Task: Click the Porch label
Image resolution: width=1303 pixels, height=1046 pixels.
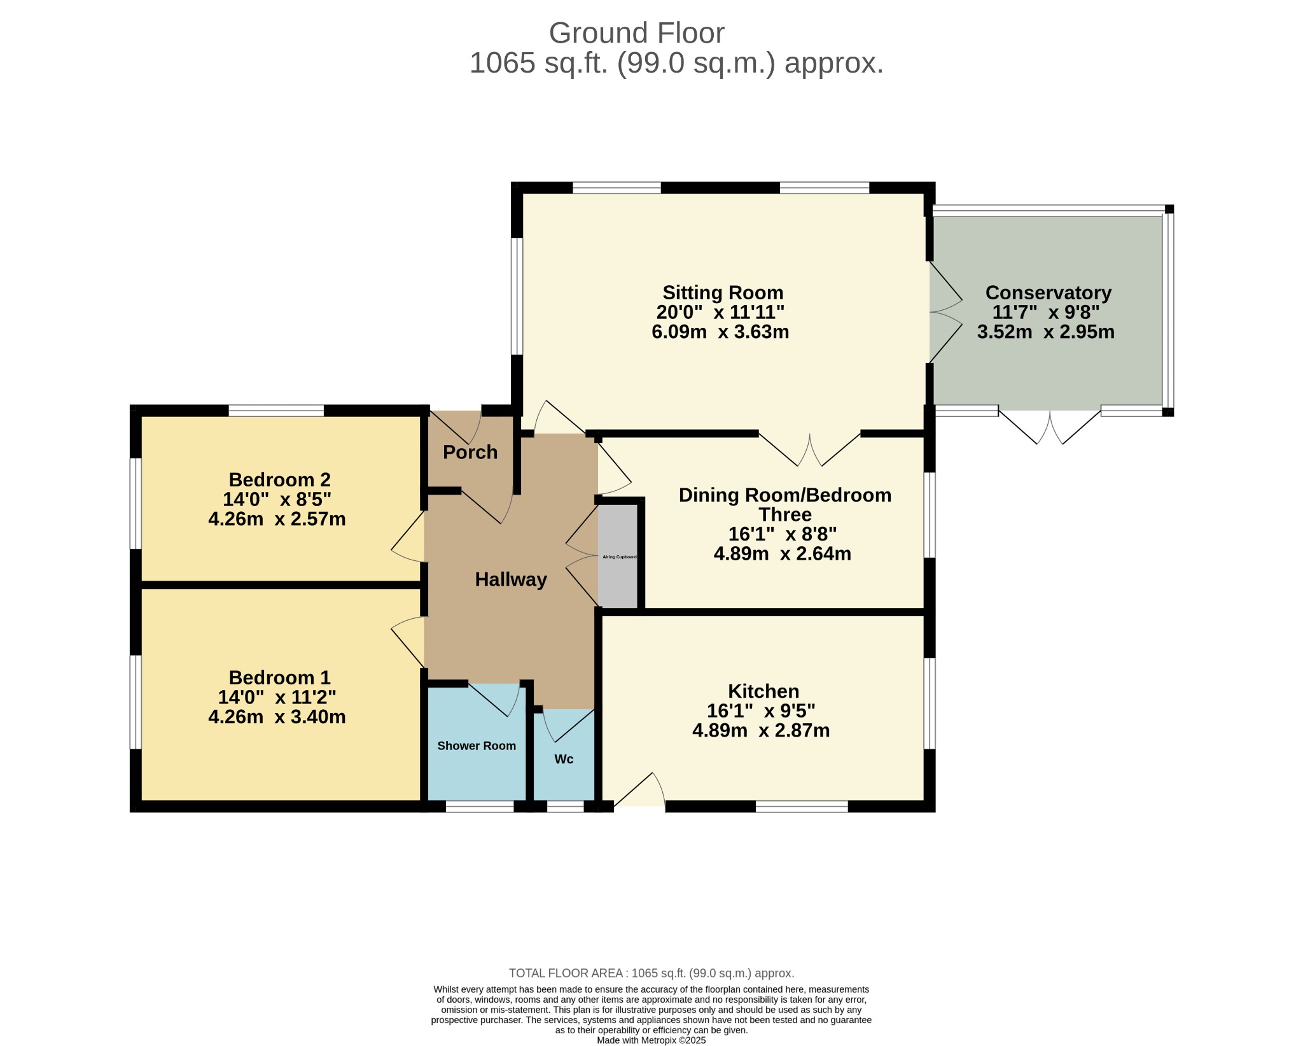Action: [x=470, y=452]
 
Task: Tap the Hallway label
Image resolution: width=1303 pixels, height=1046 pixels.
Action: [x=511, y=579]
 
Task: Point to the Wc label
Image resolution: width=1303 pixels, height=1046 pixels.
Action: [x=564, y=759]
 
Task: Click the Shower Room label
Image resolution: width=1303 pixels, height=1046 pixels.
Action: [x=477, y=746]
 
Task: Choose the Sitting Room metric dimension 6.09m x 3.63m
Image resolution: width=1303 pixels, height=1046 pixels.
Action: [x=720, y=332]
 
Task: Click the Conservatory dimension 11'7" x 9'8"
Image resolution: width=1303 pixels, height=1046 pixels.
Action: [x=1046, y=312]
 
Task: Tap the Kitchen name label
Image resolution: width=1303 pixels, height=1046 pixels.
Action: [x=763, y=691]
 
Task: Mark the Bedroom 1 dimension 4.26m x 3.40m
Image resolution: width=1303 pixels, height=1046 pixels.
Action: [x=277, y=717]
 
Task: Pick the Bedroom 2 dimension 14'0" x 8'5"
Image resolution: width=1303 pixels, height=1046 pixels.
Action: [x=277, y=499]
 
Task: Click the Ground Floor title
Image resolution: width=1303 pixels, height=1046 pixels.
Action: [x=636, y=33]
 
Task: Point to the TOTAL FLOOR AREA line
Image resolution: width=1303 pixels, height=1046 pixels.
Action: [x=651, y=973]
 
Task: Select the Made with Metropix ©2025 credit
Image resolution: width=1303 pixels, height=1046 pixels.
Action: [x=651, y=1040]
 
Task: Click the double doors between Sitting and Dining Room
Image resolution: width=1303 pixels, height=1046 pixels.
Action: [x=809, y=449]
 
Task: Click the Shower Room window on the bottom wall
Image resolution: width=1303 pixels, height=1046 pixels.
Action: [x=480, y=807]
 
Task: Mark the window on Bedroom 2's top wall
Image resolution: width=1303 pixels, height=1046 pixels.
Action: [x=276, y=411]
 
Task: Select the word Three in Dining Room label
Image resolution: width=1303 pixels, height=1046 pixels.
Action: [x=785, y=514]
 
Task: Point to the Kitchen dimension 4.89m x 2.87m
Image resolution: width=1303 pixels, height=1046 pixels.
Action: [x=761, y=730]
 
